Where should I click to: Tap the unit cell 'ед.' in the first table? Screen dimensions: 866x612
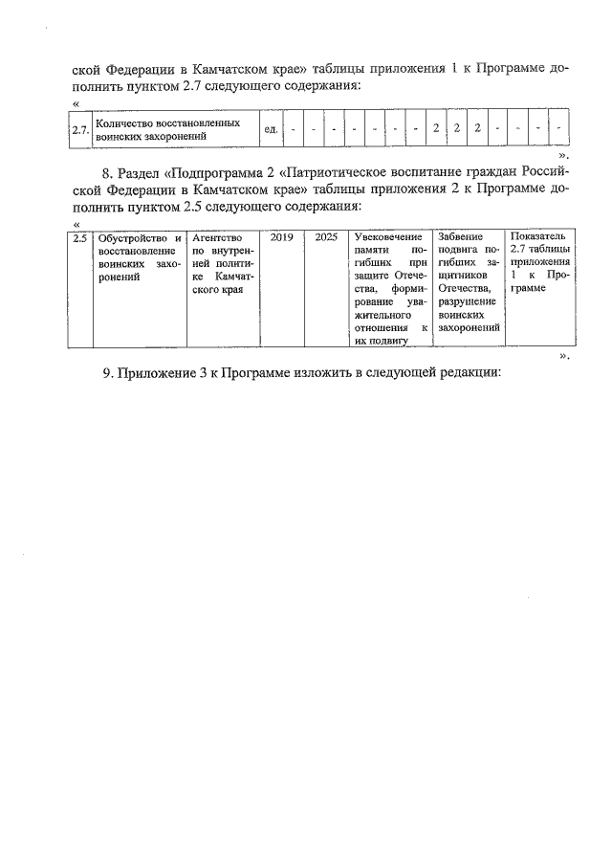[271, 130]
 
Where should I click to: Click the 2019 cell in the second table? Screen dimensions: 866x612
[282, 236]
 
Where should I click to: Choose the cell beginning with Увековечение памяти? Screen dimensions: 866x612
[388, 287]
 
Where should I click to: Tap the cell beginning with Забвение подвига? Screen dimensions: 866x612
[468, 281]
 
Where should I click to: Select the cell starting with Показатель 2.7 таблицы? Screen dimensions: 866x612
[540, 262]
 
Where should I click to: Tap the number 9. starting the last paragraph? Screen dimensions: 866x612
[110, 374]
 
